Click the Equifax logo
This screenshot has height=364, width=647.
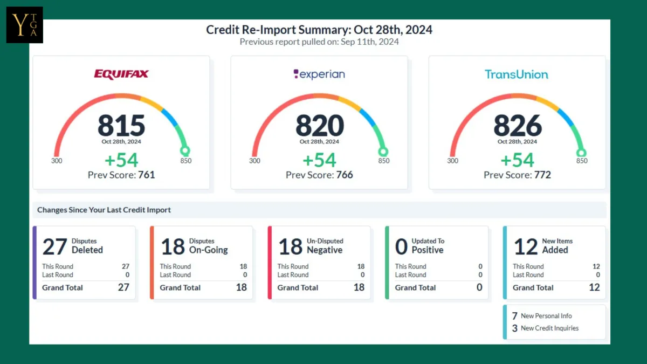[x=121, y=74]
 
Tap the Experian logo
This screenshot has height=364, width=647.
[x=319, y=74]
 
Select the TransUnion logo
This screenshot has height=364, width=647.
[x=517, y=74]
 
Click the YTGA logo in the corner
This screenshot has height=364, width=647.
[x=25, y=25]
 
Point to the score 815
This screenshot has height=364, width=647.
[x=121, y=126]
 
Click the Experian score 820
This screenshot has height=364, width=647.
[x=319, y=126]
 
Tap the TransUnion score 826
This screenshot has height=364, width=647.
[x=518, y=126]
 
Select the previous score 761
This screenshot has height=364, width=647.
[x=147, y=175]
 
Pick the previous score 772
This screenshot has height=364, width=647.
[x=542, y=175]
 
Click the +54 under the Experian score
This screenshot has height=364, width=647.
[x=319, y=160]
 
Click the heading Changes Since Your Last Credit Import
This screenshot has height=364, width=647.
[x=104, y=210]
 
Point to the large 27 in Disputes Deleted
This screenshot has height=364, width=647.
[x=54, y=247]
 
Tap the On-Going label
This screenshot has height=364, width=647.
[x=208, y=250]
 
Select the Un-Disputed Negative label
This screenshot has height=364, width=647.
[x=325, y=246]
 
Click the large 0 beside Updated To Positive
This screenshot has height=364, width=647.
[x=401, y=247]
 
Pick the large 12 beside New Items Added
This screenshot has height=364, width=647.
[x=526, y=247]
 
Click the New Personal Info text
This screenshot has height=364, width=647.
[x=546, y=316]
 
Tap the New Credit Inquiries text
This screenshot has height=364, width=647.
[x=549, y=328]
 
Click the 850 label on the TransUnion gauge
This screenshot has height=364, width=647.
[x=582, y=161]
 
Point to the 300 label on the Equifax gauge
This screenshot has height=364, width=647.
[x=57, y=161]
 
